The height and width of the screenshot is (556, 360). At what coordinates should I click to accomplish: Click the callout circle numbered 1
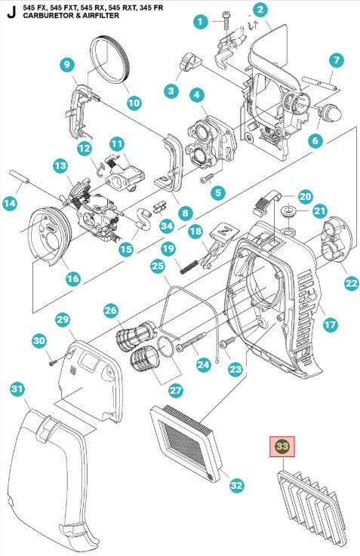click(x=200, y=22)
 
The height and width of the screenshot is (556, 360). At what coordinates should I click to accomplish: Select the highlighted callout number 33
click(x=282, y=447)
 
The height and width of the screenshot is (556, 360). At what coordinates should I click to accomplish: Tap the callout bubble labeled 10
click(x=133, y=102)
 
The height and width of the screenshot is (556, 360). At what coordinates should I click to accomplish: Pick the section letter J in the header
click(x=9, y=11)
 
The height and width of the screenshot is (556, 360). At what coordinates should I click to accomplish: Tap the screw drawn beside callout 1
click(x=225, y=17)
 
